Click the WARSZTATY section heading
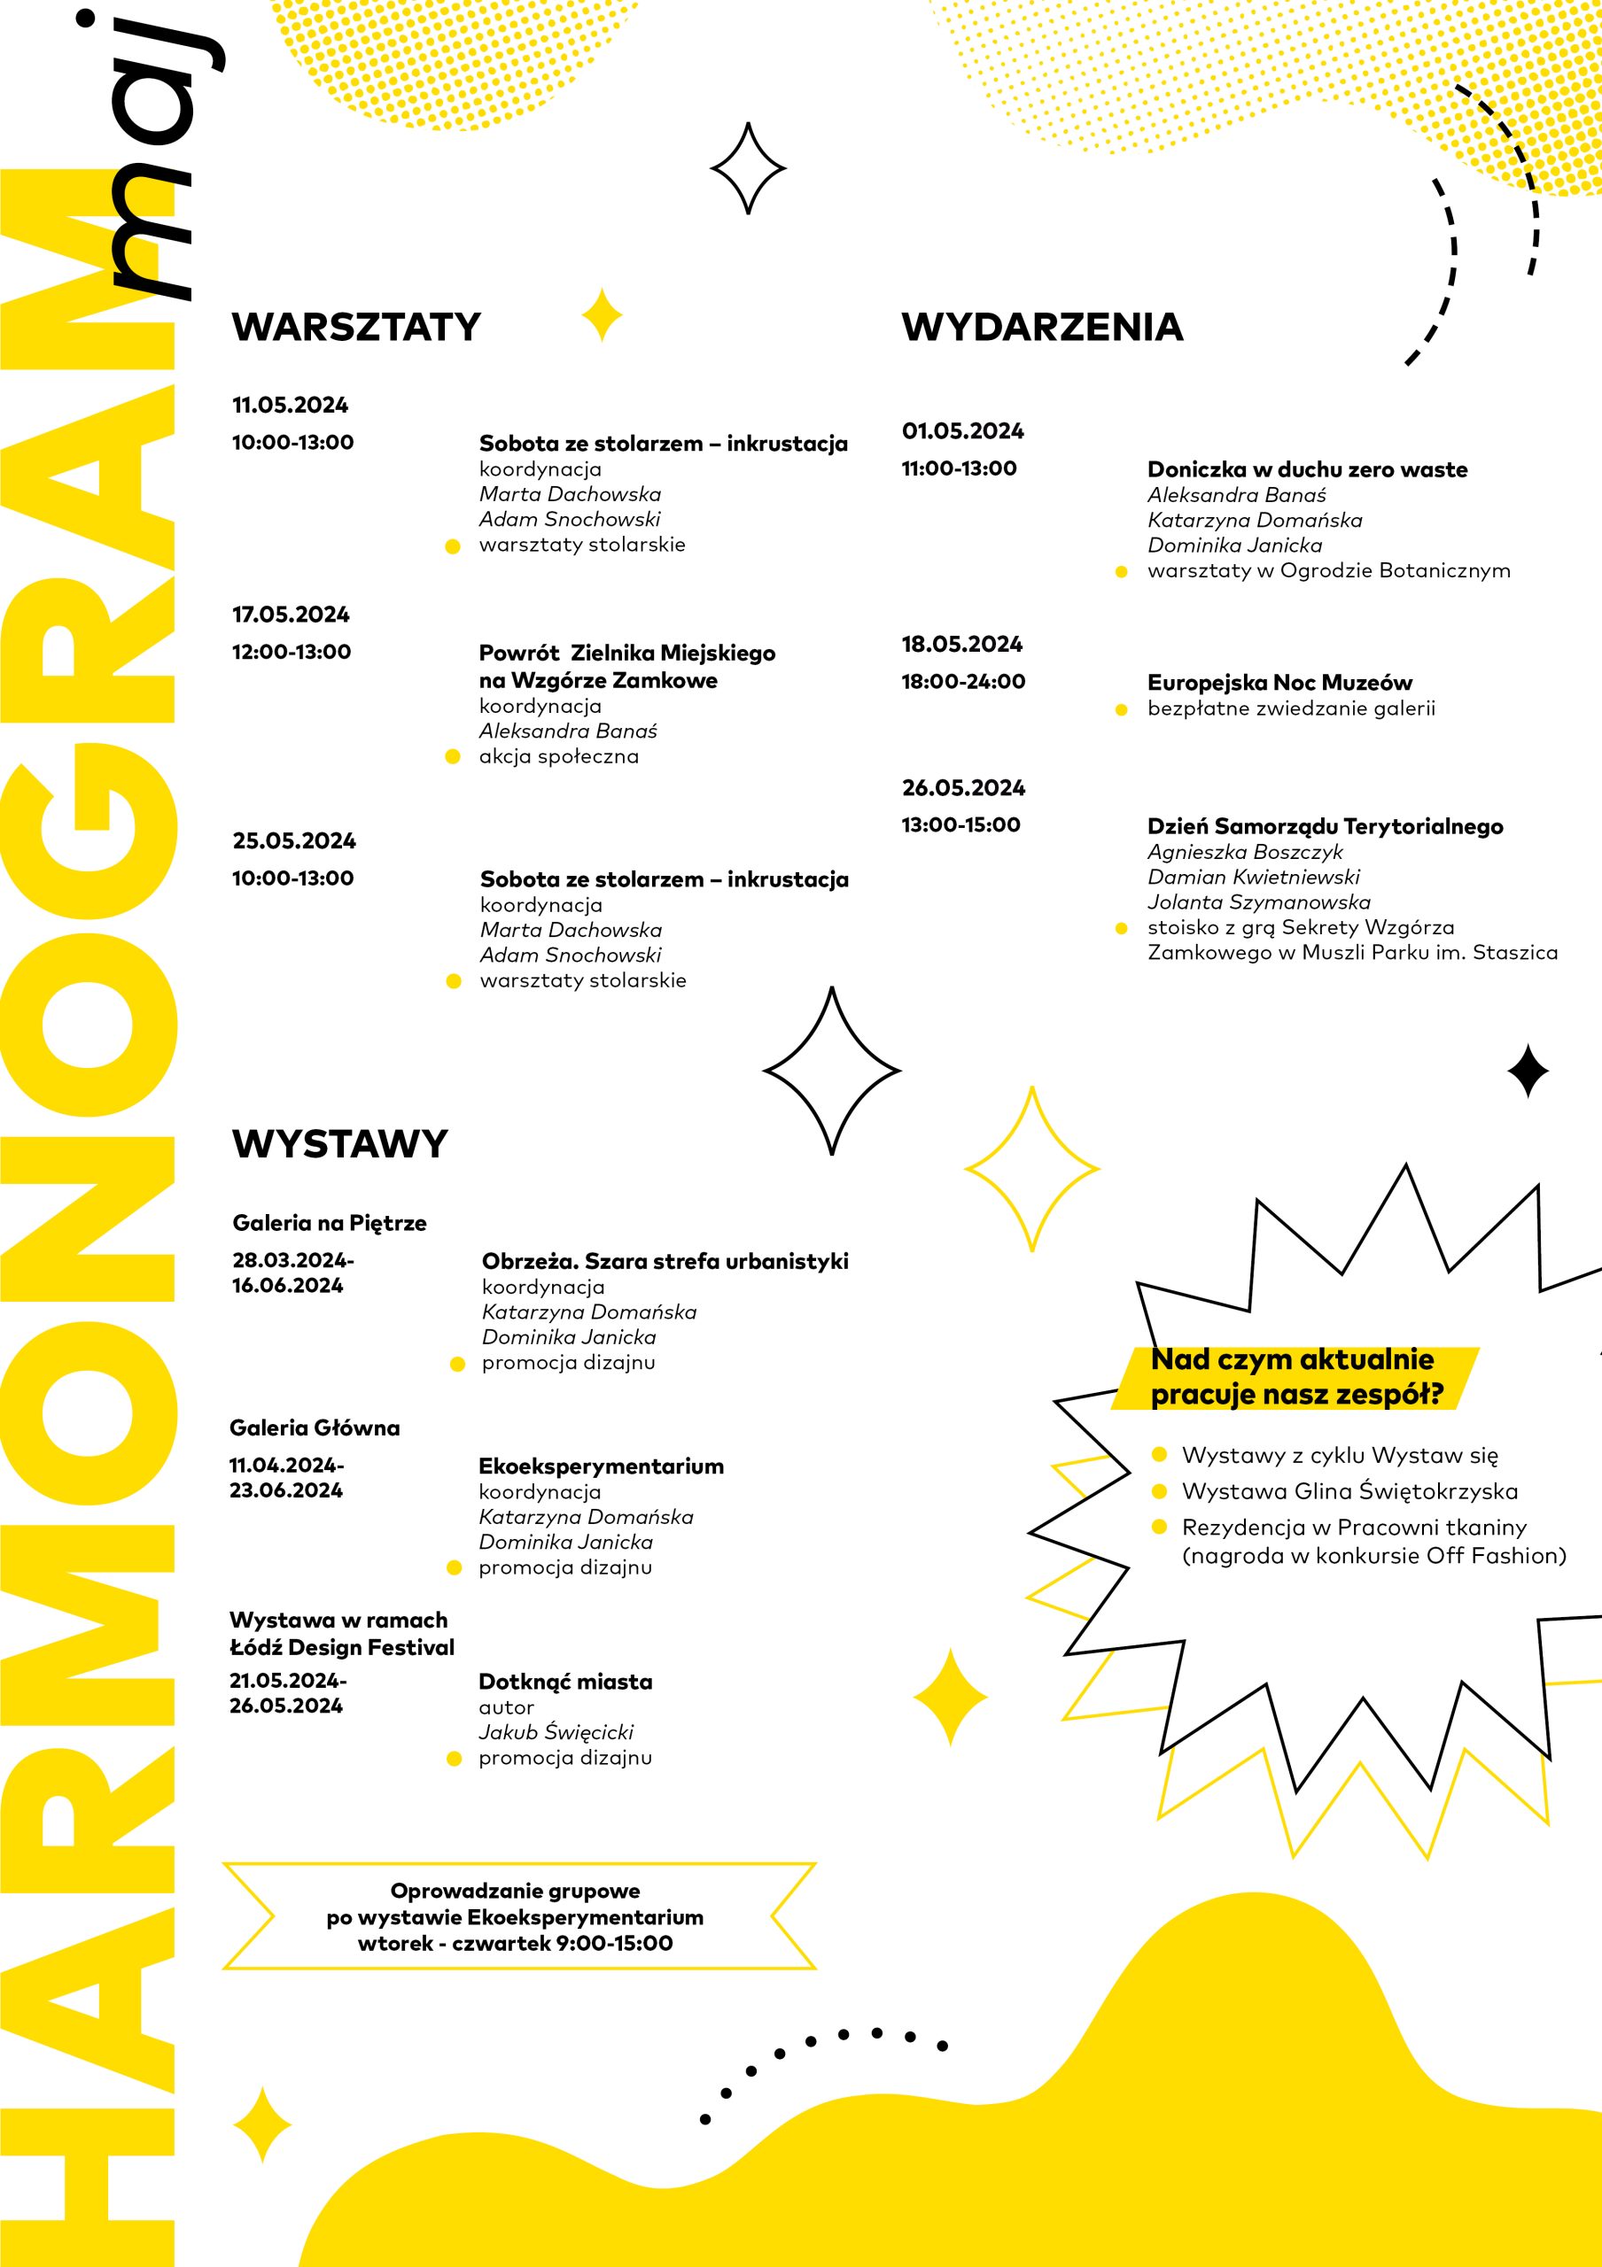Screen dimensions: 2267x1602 pyautogui.click(x=355, y=327)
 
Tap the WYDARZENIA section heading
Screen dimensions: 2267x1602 pyautogui.click(x=1042, y=327)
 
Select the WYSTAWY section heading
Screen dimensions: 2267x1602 pyautogui.click(x=339, y=1143)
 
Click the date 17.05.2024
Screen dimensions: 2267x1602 pyautogui.click(x=291, y=615)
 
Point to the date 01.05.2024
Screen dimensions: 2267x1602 pyautogui.click(x=962, y=431)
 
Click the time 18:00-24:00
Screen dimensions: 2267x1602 pyautogui.click(x=963, y=681)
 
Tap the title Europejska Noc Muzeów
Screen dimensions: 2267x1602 pyautogui.click(x=1279, y=682)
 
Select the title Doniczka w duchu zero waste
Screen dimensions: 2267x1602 pyautogui.click(x=1307, y=470)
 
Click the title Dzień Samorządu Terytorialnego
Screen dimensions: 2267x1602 pyautogui.click(x=1325, y=826)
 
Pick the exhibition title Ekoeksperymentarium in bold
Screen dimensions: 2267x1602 pyautogui.click(x=601, y=1466)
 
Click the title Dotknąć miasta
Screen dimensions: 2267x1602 pyautogui.click(x=565, y=1682)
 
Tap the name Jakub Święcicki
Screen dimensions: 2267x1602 pyautogui.click(x=556, y=1732)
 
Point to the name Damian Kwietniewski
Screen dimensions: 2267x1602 pyautogui.click(x=1252, y=877)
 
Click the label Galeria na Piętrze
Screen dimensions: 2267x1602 pyautogui.click(x=329, y=1223)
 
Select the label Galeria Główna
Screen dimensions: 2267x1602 pyautogui.click(x=314, y=1428)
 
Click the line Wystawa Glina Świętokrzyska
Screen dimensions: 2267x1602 pyautogui.click(x=1349, y=1491)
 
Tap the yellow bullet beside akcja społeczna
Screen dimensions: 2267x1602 pyautogui.click(x=454, y=757)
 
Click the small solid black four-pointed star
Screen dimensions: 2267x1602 pyautogui.click(x=1527, y=1072)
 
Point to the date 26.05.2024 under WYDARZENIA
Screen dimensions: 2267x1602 pyautogui.click(x=963, y=788)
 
